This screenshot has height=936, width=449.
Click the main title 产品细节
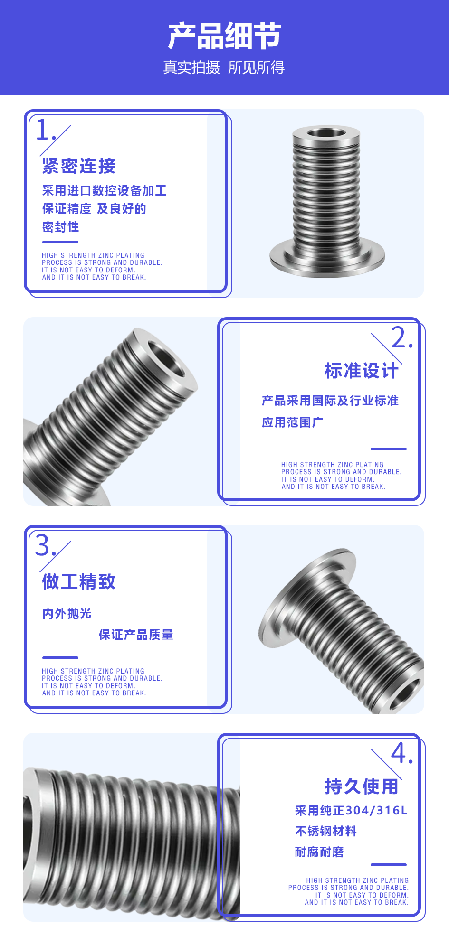point(224,36)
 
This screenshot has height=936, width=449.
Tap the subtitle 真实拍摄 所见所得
point(224,67)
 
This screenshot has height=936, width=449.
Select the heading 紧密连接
point(79,166)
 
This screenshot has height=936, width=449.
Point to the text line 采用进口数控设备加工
point(104,191)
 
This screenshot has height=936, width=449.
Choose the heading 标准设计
point(361,371)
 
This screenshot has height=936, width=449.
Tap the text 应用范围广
point(293,422)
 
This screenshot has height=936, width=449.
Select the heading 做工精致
point(79,581)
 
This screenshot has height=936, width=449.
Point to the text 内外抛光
point(67,614)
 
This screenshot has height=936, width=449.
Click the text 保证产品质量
point(136,635)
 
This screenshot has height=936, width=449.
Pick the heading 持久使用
point(361,786)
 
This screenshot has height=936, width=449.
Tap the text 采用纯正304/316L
point(351,811)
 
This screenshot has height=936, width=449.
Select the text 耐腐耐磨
point(319,852)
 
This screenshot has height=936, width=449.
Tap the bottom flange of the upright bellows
point(327,259)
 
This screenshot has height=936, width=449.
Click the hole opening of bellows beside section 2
point(166,359)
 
